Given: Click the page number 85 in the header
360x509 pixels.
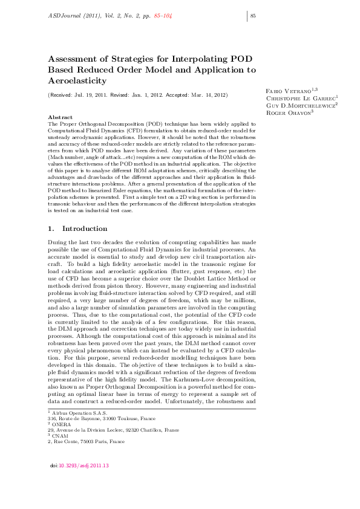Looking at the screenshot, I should coord(254,16).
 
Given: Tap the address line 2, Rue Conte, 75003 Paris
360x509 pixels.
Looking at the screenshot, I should coord(86,441).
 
